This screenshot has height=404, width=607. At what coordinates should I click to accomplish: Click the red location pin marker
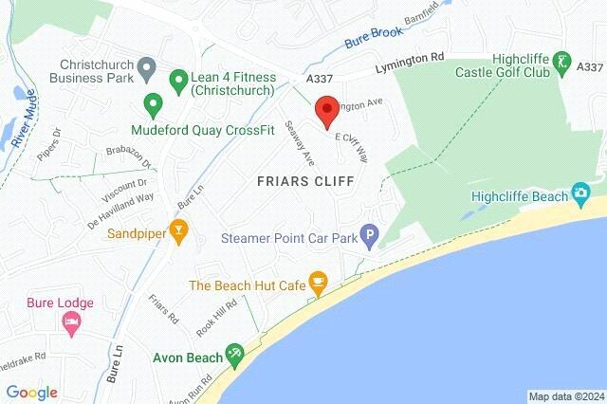[326, 110]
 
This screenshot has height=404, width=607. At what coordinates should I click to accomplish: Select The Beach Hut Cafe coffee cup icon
[319, 284]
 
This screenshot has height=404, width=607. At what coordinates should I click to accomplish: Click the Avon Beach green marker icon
[235, 357]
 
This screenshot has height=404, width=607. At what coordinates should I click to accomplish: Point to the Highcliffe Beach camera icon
[580, 195]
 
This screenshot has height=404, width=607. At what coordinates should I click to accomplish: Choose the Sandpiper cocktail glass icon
[177, 230]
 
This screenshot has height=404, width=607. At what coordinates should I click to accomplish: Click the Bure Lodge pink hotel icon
[70, 323]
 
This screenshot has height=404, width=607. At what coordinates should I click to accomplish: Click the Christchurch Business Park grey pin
[146, 66]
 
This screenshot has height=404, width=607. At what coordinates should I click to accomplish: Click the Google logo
[31, 392]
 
